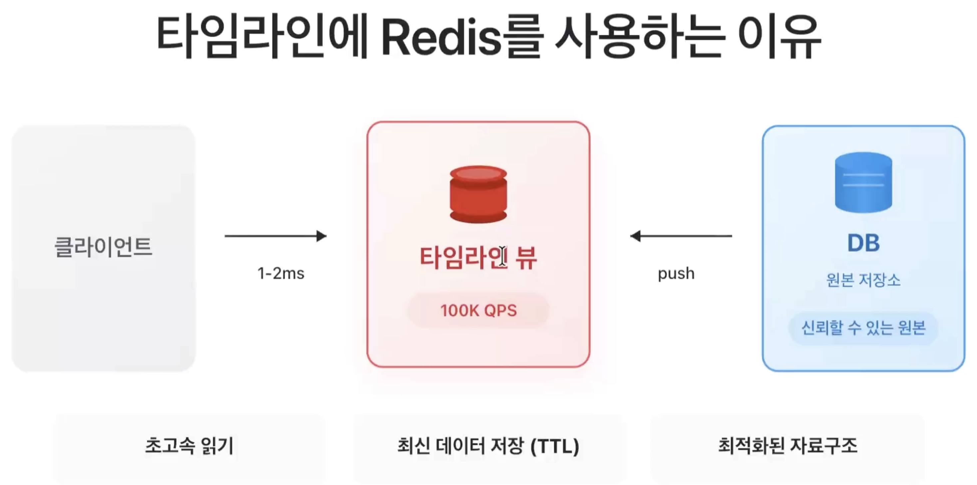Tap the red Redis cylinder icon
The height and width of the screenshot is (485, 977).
[478, 194]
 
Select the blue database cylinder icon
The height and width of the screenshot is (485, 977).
[863, 182]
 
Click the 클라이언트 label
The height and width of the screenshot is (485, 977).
[103, 247]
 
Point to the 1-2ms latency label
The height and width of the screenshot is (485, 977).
[281, 273]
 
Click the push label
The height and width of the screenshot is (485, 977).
[676, 273]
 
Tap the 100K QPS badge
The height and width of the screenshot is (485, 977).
[478, 310]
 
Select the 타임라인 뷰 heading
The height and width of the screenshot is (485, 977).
[478, 258]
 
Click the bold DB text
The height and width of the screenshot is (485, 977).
[863, 243]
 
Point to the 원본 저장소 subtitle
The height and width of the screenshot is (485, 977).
[863, 280]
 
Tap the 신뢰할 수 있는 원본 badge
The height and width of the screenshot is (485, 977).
[863, 328]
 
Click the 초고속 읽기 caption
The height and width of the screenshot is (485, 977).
[189, 446]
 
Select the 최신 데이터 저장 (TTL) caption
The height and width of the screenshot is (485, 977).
[488, 446]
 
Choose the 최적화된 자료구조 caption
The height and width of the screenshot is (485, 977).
[788, 446]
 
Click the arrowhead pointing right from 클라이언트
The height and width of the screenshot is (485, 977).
[321, 236]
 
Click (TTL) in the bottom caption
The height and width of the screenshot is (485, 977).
[554, 446]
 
